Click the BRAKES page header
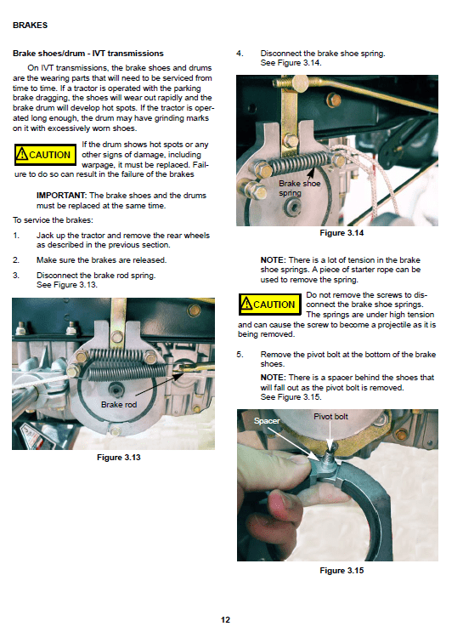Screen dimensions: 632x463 pos(31,26)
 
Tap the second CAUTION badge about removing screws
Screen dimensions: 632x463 pos(268,305)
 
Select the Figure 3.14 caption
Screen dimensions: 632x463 pos(342,233)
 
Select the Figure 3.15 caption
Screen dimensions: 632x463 pos(342,570)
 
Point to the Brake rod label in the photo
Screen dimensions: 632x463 pos(119,404)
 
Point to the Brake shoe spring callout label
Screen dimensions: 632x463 pos(299,188)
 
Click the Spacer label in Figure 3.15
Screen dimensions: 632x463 pos(266,420)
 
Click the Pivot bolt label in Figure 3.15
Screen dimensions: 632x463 pos(331,417)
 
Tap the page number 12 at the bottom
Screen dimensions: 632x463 pos(225,619)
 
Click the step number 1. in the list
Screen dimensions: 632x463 pos(16,235)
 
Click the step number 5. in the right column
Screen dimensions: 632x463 pos(240,353)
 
